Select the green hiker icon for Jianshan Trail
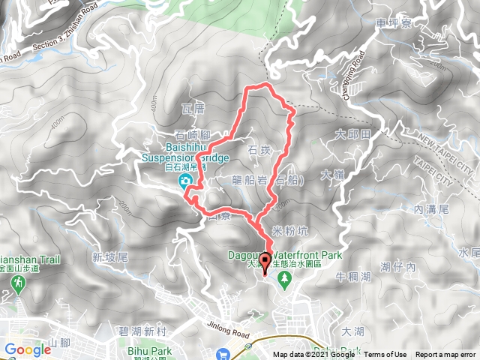point(17,283)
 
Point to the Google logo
point(28,349)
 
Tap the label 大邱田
point(354,135)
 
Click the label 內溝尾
point(430,211)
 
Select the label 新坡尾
point(111,257)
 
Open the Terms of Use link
point(385,355)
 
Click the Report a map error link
point(446,355)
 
